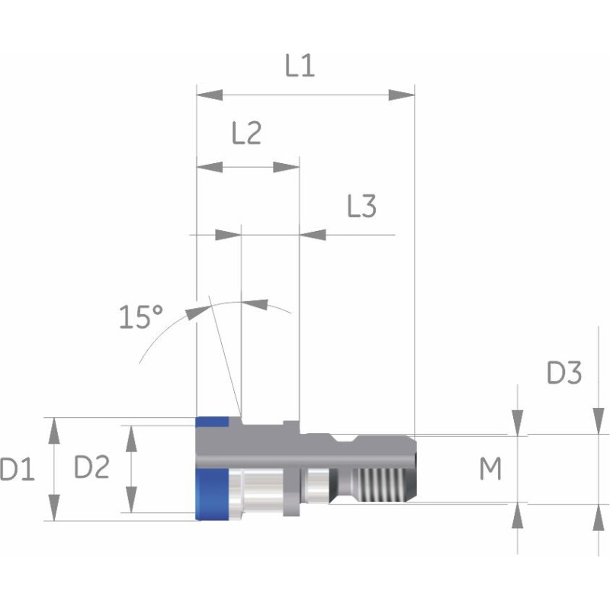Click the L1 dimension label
tap(300, 66)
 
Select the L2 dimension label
tap(246, 133)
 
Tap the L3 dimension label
tap(361, 206)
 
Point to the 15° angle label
tap(141, 316)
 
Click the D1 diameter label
tap(18, 469)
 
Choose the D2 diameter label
tap(91, 467)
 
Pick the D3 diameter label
tap(564, 373)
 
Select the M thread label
tap(490, 468)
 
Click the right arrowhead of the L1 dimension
tap(402, 95)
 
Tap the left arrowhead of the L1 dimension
tap(210, 95)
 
